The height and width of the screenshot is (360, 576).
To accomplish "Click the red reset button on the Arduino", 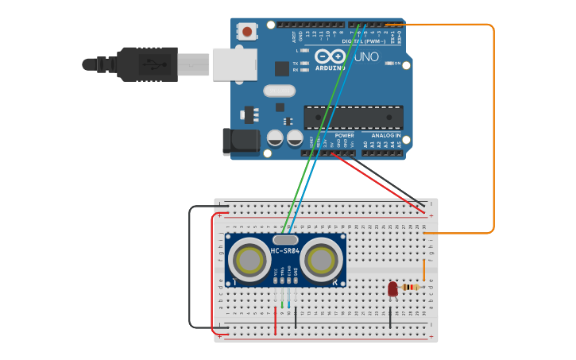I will tap(247, 32).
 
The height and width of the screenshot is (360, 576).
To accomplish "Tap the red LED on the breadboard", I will tap(392, 289).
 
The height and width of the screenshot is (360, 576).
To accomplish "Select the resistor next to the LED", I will tap(411, 287).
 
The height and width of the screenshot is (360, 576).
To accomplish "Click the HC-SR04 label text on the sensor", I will tap(285, 251).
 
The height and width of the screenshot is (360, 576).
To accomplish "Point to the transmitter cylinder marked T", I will tap(249, 260).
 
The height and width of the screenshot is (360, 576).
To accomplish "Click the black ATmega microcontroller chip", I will tap(353, 117).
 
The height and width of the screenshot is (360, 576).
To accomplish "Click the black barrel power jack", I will tap(240, 141).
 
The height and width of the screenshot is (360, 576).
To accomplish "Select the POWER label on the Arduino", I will tap(344, 135).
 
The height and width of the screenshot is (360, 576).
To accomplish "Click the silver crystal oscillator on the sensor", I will tap(285, 239).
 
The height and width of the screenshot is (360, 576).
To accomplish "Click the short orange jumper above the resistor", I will tap(423, 271).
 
